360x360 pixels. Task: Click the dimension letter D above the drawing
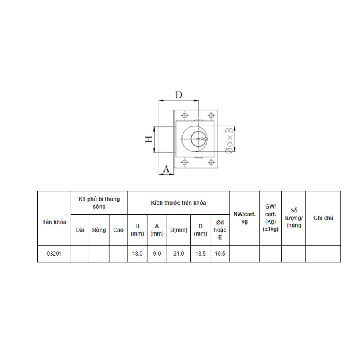coord(179,94)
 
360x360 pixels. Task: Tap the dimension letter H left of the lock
coord(149,139)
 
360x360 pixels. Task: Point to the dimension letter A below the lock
coord(166,169)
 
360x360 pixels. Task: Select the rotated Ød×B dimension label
coord(229,140)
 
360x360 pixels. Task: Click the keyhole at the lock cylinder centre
coord(201,139)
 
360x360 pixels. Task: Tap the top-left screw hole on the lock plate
coord(184,115)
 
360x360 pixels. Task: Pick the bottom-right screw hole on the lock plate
coord(211,162)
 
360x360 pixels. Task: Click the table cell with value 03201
coord(54,254)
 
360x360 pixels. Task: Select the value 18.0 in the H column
coord(137,254)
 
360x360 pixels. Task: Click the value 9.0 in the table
coord(157,254)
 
